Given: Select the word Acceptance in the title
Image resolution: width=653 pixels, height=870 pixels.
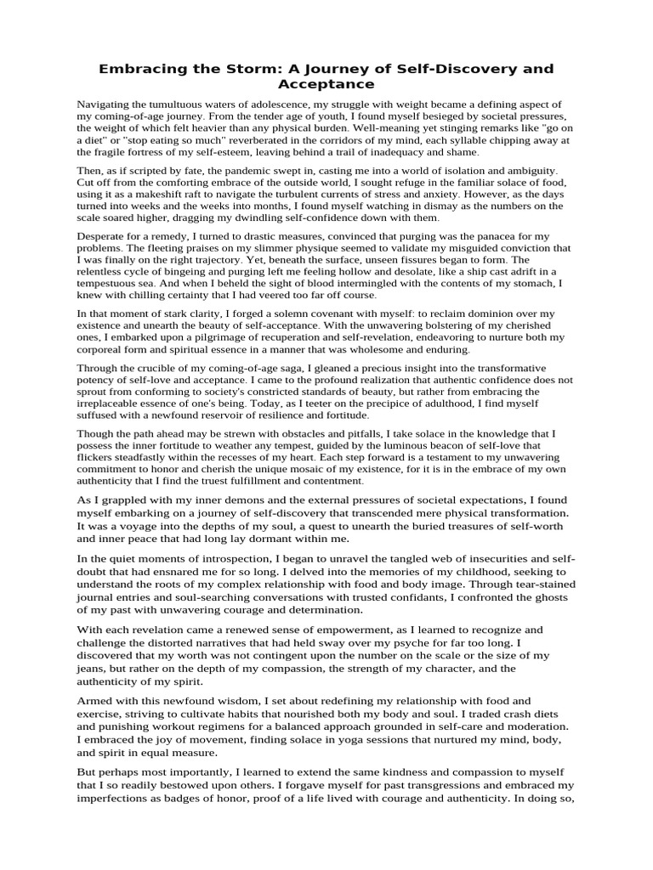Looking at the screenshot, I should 326,84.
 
